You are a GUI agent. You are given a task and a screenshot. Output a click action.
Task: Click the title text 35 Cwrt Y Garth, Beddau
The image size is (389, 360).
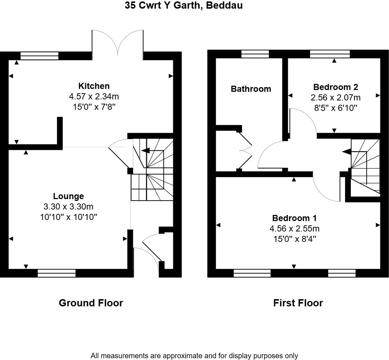click(184, 5)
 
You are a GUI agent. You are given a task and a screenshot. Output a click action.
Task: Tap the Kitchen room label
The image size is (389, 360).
click(94, 86)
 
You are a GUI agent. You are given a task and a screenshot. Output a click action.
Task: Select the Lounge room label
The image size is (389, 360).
click(68, 196)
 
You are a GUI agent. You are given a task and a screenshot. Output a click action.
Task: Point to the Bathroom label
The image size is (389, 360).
click(251, 89)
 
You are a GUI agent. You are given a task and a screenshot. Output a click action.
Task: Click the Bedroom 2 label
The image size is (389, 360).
click(335, 87)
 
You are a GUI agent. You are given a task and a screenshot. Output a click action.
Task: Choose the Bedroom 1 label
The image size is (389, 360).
click(294, 218)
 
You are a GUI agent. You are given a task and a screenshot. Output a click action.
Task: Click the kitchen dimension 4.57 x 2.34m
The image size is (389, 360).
click(94, 96)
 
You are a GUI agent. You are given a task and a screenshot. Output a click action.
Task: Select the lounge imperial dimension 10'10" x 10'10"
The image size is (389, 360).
click(68, 217)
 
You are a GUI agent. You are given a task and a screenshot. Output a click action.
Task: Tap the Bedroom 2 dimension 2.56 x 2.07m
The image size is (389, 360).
click(335, 98)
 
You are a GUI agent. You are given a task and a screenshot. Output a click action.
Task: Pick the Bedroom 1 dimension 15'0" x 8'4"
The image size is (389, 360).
click(294, 239)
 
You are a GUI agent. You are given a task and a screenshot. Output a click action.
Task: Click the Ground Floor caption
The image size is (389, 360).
click(91, 303)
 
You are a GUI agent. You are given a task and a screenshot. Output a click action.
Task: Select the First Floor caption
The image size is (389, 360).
click(298, 303)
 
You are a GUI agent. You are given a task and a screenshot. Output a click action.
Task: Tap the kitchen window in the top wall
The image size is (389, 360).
click(39, 55)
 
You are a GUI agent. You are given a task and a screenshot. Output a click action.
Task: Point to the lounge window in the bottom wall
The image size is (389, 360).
click(57, 273)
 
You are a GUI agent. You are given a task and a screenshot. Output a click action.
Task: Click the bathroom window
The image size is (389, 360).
click(255, 54)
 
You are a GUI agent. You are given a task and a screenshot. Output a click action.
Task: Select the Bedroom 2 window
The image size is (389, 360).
click(330, 54)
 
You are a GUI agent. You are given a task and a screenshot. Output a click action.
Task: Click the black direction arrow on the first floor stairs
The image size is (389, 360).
click(346, 152)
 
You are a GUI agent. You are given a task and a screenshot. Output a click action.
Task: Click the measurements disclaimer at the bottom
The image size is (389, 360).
click(194, 356)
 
